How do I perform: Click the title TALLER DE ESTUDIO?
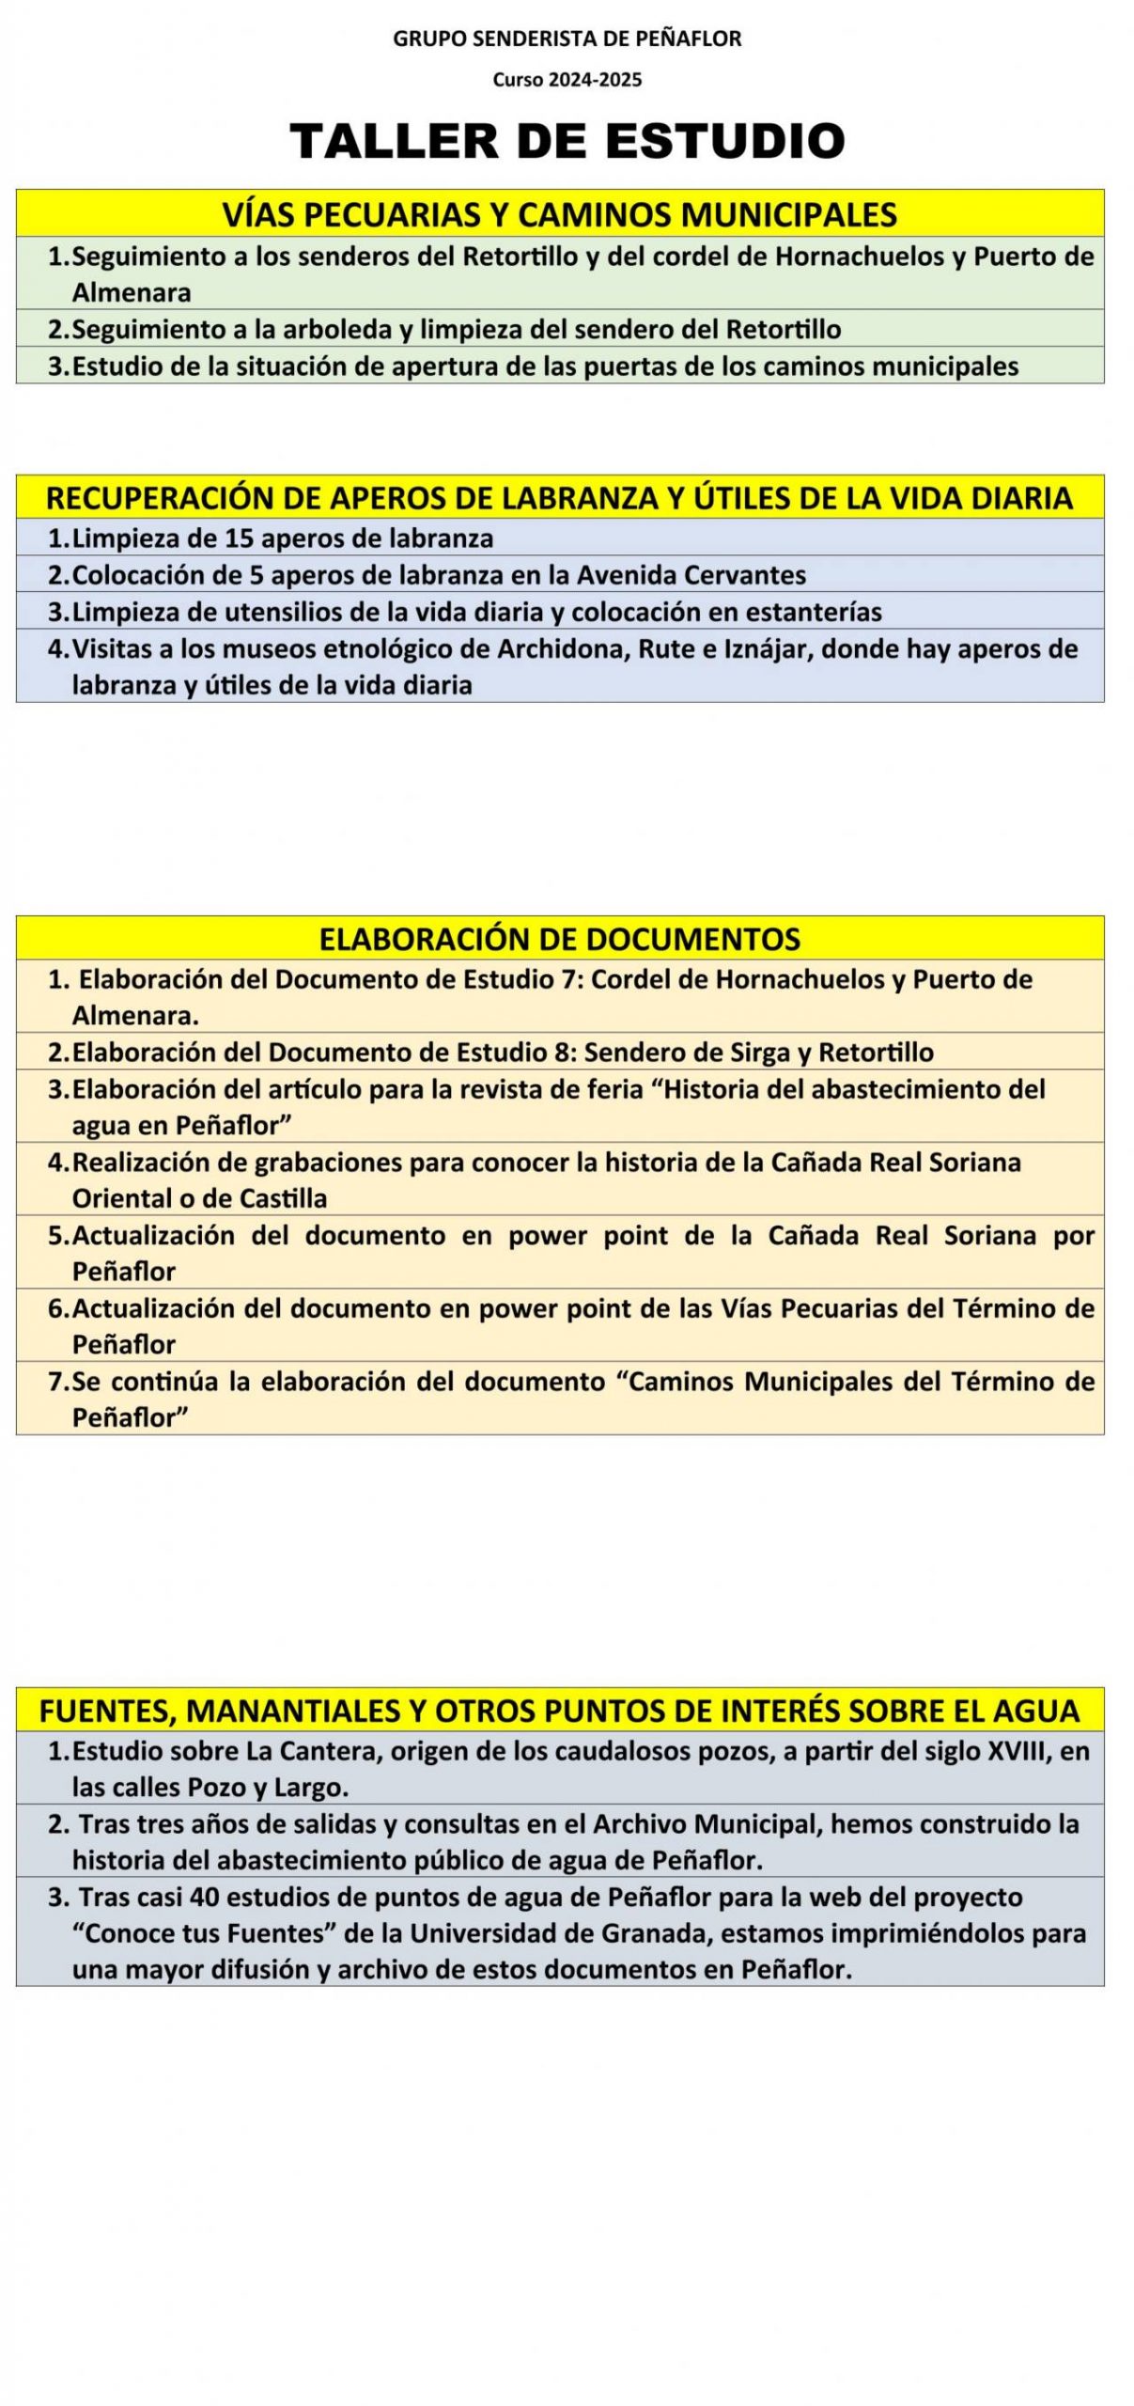click(x=567, y=140)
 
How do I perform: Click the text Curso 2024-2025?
click(x=567, y=80)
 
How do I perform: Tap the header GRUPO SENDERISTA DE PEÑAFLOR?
click(x=567, y=39)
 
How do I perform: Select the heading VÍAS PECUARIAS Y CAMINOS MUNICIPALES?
click(x=559, y=214)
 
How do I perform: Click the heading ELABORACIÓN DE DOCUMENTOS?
click(x=559, y=938)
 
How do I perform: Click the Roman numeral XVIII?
click(x=1020, y=1751)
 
